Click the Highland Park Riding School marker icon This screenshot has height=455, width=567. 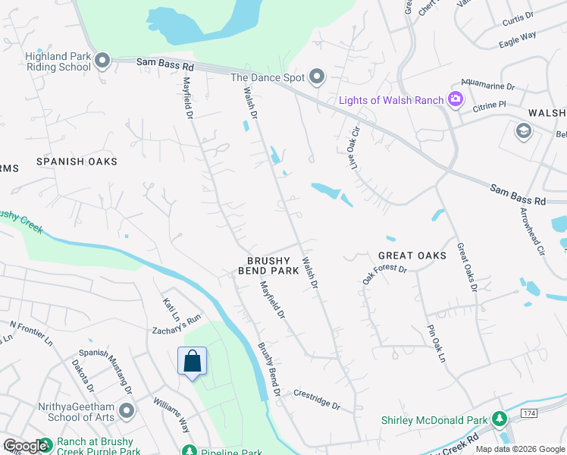(103, 61)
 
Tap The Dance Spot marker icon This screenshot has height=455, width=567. (317, 77)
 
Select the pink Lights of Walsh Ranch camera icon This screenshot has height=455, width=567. (455, 99)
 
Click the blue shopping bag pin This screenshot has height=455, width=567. (192, 361)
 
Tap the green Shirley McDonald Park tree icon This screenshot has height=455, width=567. (499, 418)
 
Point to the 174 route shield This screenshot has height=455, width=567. (529, 412)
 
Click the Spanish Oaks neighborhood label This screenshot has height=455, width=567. (77, 162)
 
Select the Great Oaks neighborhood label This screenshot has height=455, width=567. (412, 256)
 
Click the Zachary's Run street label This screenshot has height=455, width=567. (186, 322)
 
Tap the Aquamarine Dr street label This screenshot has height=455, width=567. (488, 87)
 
